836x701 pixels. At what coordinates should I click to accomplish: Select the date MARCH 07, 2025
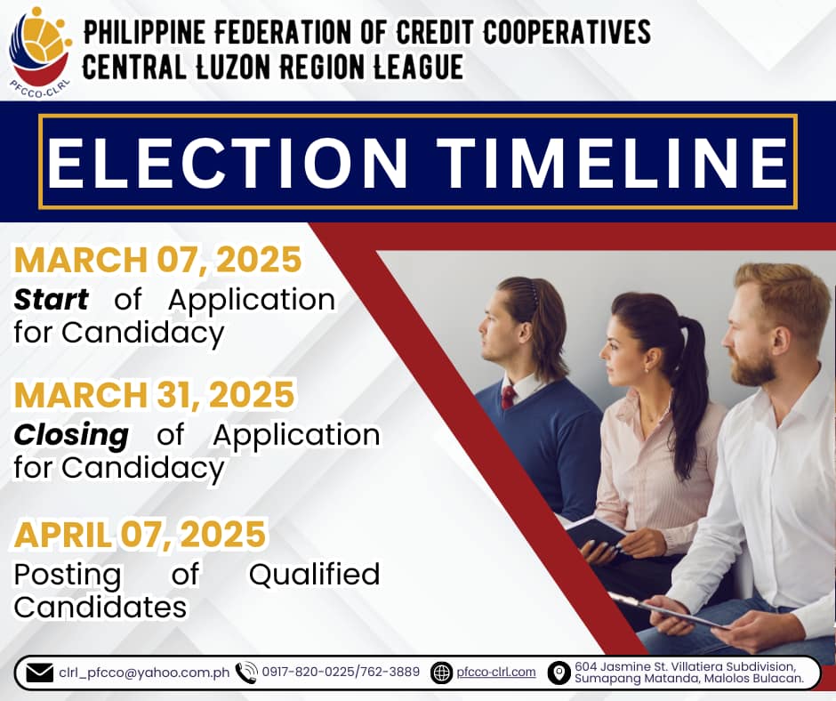pos(157,260)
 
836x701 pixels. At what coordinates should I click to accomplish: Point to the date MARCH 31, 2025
pos(154,395)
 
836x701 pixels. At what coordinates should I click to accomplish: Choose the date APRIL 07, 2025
pos(140,535)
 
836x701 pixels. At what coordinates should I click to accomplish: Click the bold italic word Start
pos(52,299)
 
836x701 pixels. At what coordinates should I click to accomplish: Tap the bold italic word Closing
pos(71,436)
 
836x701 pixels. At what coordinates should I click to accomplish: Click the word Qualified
pos(315,575)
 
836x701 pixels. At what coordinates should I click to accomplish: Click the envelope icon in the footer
pos(39,673)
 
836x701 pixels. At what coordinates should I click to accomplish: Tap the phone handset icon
pos(246,673)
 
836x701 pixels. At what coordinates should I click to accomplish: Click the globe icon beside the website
pos(441,673)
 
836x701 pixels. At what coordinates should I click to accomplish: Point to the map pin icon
pos(559,673)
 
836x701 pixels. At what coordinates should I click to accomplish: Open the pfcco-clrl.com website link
pos(496,673)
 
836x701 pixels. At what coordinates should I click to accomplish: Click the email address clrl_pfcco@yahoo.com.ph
pos(144,673)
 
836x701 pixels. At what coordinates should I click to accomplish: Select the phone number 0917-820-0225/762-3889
pos(341,672)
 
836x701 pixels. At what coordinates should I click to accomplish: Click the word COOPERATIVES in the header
pos(567,32)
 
